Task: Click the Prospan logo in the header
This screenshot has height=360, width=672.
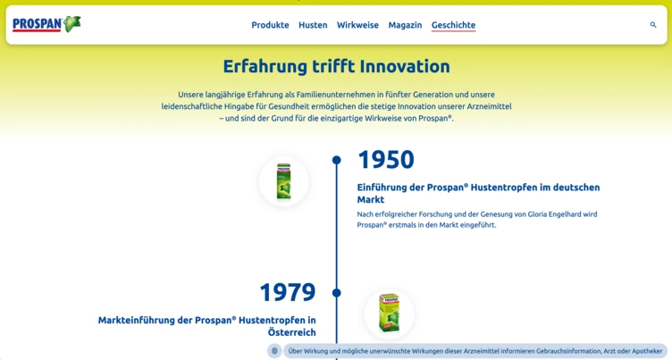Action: tap(46, 24)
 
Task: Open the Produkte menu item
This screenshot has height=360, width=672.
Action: tap(270, 25)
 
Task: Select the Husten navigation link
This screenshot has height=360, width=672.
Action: tap(313, 25)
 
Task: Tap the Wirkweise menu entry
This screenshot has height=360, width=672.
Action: tap(357, 25)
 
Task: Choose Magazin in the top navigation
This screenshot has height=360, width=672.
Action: tap(405, 25)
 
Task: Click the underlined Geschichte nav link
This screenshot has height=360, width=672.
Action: tap(453, 25)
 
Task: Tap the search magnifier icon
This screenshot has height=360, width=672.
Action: tap(653, 25)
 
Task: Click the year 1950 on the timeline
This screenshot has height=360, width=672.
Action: tap(386, 160)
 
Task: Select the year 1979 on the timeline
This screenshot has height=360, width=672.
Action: tap(288, 292)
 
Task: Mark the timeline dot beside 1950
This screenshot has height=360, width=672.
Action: tap(337, 161)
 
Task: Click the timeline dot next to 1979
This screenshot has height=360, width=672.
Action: tap(337, 293)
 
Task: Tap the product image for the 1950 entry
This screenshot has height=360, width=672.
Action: tap(283, 181)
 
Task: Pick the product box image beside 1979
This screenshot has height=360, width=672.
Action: tap(389, 314)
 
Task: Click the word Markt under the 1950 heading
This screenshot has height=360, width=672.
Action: tap(371, 200)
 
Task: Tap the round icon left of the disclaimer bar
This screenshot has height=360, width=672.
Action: tap(274, 351)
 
